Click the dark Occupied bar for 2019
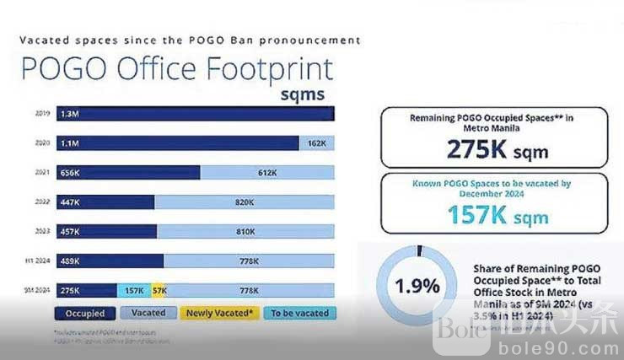tap(194, 114)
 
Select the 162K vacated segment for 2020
tap(317, 143)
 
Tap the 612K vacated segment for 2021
tap(267, 173)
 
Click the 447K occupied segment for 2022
tap(105, 202)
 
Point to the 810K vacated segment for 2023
tap(246, 231)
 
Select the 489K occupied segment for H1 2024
tap(110, 261)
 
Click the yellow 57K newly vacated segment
tap(159, 291)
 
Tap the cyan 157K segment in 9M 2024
tap(133, 291)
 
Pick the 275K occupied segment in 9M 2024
tap(87, 291)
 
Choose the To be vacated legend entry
tap(298, 314)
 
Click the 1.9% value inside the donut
tap(418, 285)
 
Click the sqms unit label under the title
tap(302, 94)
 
